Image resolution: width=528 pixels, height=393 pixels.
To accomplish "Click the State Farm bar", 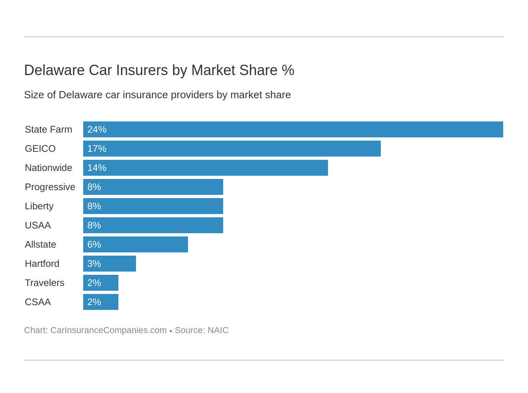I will pos(293,129).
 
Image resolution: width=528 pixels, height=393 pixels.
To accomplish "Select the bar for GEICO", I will pos(232,149).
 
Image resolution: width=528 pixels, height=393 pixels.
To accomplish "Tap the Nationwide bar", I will pos(206,168).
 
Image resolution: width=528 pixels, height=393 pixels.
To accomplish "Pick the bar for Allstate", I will pos(136,244).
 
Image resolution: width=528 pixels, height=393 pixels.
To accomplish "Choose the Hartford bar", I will pos(110,264).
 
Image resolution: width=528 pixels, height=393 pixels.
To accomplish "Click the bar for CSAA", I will pos(101,302).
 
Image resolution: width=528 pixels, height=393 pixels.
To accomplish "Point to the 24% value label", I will pos(97,129).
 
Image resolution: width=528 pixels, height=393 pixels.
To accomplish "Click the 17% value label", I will pos(97,149).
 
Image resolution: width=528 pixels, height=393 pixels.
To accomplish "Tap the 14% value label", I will pos(97,168).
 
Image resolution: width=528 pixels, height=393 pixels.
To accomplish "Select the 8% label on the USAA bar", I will pos(94,225).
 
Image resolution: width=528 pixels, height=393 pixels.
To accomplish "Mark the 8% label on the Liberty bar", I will pos(94,206).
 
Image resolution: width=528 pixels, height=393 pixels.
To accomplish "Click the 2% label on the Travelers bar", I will pos(94,283).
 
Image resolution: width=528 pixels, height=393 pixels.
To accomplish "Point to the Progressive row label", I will pos(50,187).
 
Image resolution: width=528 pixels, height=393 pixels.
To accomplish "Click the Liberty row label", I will pos(39,206).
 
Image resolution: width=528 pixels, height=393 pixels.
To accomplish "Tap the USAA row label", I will pos(38,225).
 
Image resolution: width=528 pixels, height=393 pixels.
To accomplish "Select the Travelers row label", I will pos(44,283).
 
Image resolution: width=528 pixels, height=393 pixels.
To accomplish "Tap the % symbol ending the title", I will pos(288,70).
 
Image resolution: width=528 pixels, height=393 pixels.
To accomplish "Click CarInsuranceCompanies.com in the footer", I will pos(108,330).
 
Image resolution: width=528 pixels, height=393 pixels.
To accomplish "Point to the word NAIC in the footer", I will pos(218,330).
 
